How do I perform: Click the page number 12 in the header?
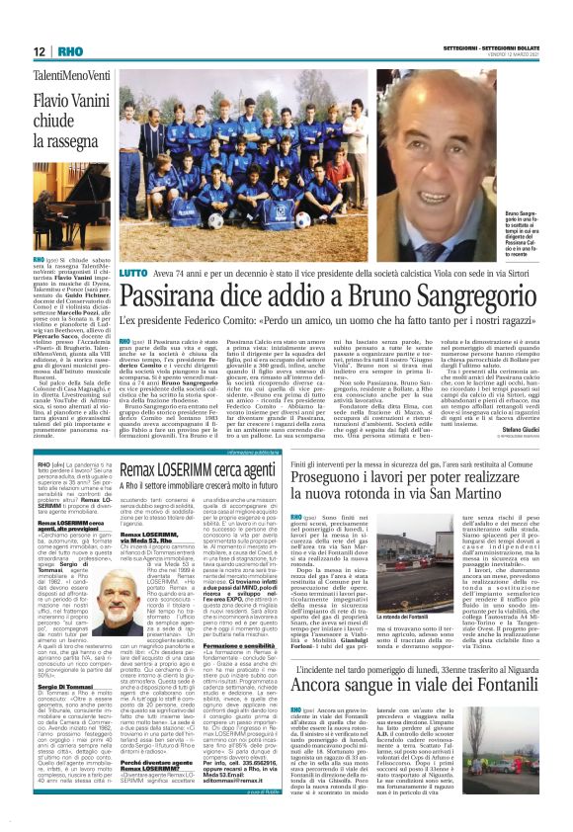click(x=40, y=50)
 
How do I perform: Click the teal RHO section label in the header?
click(x=70, y=50)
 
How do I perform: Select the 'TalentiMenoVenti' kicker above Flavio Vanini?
click(x=65, y=75)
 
